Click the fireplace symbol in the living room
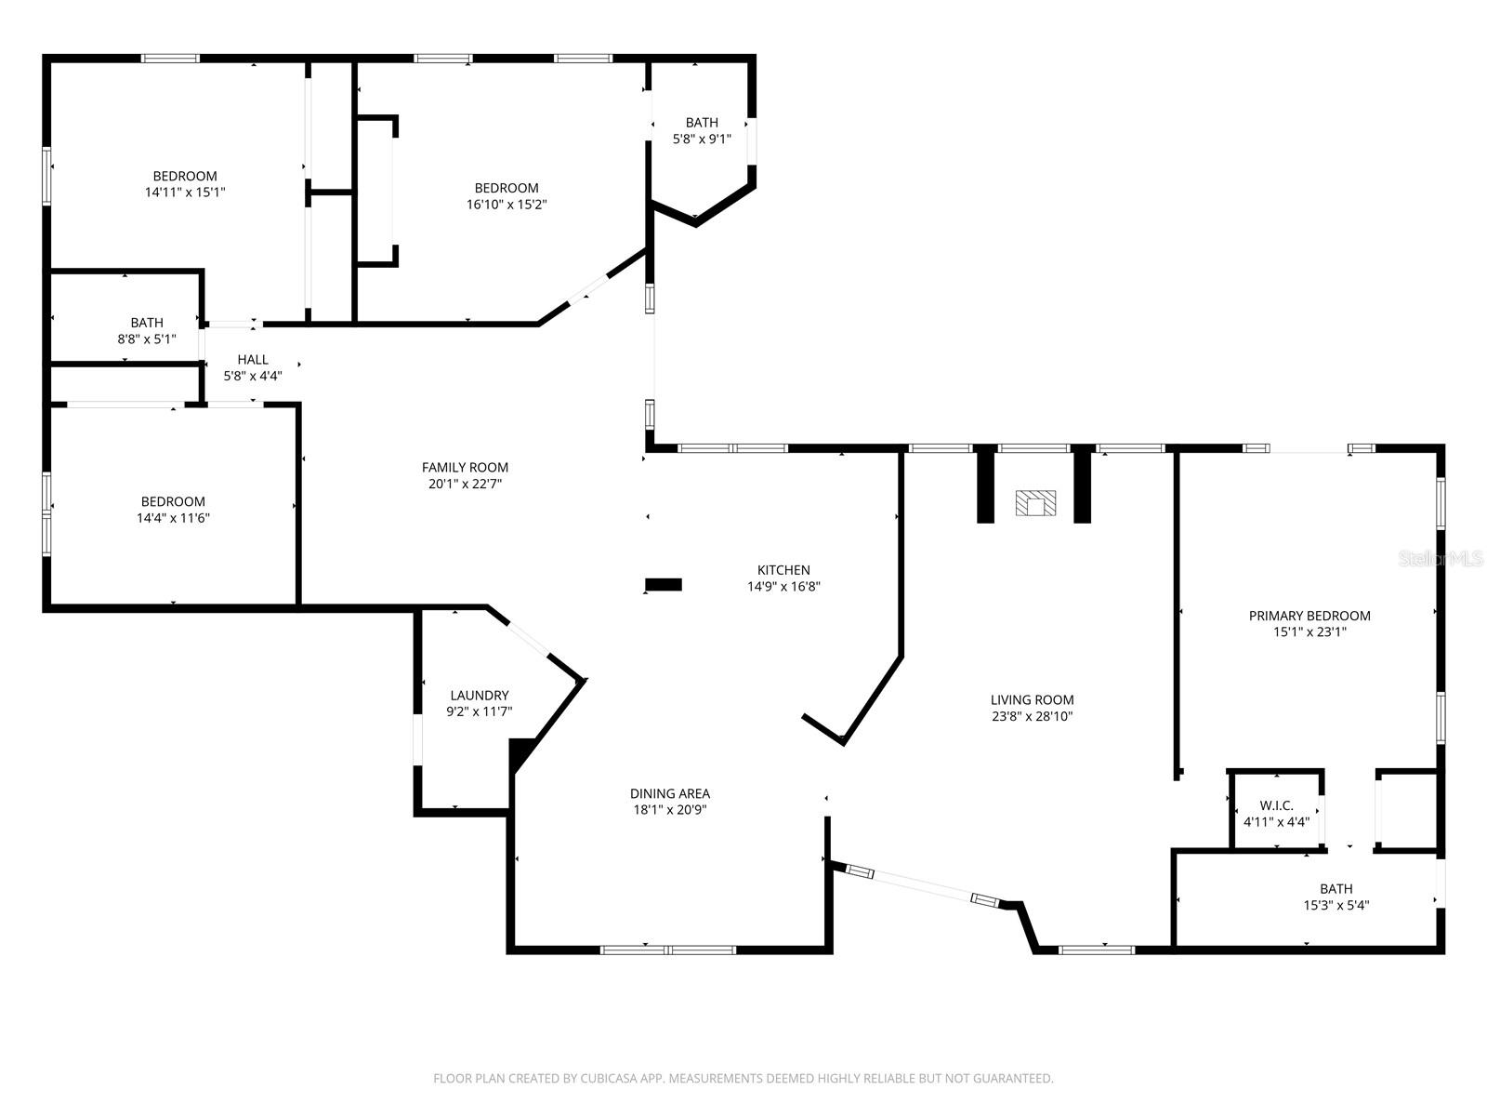pos(1035,503)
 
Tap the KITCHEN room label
pos(783,570)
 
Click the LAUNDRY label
pos(479,696)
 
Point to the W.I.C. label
pos(1276,805)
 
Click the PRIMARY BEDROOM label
pos(1309,616)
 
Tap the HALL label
pos(252,360)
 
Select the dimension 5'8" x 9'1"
pos(702,139)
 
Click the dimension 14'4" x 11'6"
pos(173,518)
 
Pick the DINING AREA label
pos(669,793)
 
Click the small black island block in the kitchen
pos(664,585)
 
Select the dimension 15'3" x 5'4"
pos(1336,905)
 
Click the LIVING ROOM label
pos(1032,700)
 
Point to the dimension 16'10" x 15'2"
pos(506,205)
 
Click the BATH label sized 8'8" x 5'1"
pos(147,323)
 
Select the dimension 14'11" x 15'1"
pos(185,193)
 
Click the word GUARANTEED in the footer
pos(1013,1079)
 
